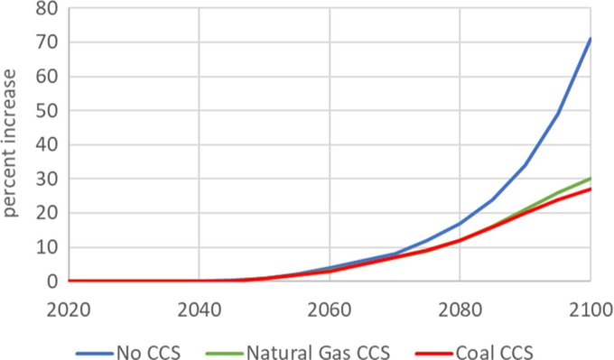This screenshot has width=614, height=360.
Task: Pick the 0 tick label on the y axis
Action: (x=54, y=282)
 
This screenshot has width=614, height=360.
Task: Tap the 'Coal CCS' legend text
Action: (x=511, y=346)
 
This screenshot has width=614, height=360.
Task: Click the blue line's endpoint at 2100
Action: (x=591, y=39)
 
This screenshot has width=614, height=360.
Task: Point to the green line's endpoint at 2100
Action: (x=591, y=179)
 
